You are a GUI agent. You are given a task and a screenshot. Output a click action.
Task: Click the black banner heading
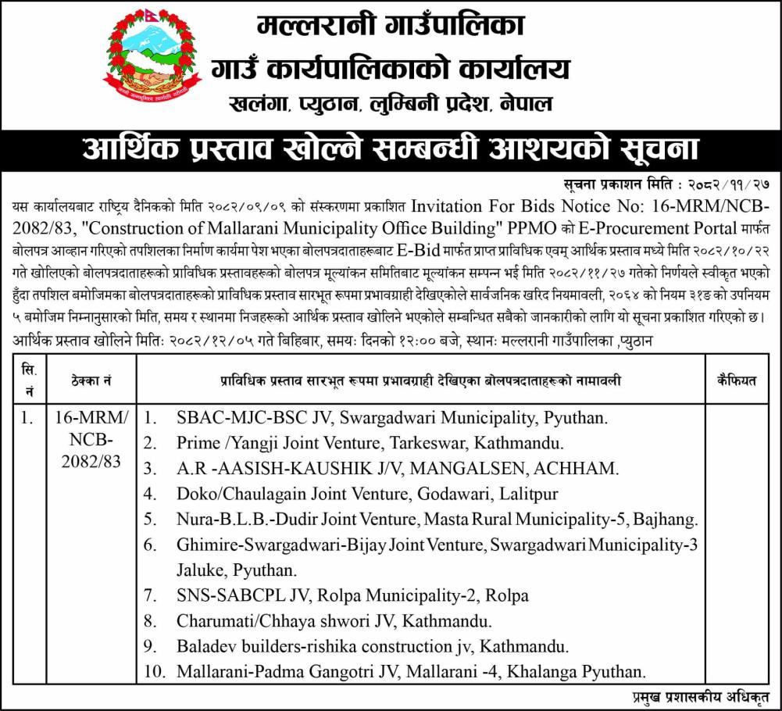pyautogui.click(x=391, y=149)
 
